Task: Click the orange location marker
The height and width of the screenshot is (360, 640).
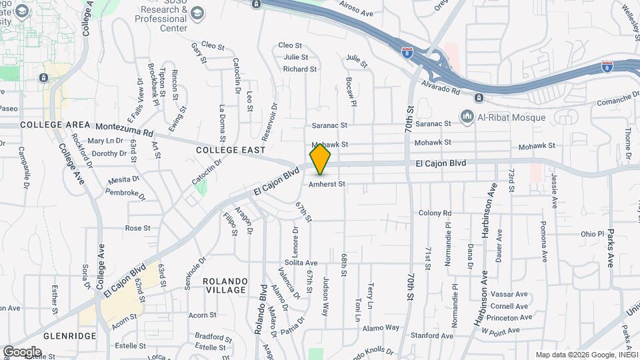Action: click(x=320, y=159)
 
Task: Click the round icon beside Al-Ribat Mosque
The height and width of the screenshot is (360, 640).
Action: click(x=467, y=117)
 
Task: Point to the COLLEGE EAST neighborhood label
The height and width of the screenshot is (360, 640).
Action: click(x=231, y=151)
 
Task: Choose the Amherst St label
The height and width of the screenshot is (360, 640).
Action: click(x=327, y=183)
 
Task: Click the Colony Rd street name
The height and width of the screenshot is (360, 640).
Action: click(x=435, y=213)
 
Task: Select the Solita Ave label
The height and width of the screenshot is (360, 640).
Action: click(x=303, y=263)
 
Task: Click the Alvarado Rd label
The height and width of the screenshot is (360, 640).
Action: click(x=441, y=87)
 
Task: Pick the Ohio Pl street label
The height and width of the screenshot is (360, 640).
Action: click(x=591, y=234)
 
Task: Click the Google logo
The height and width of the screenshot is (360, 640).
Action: click(x=22, y=351)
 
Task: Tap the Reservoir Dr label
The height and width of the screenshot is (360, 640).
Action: click(x=269, y=121)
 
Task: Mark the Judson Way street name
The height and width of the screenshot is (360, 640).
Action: click(x=326, y=296)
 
